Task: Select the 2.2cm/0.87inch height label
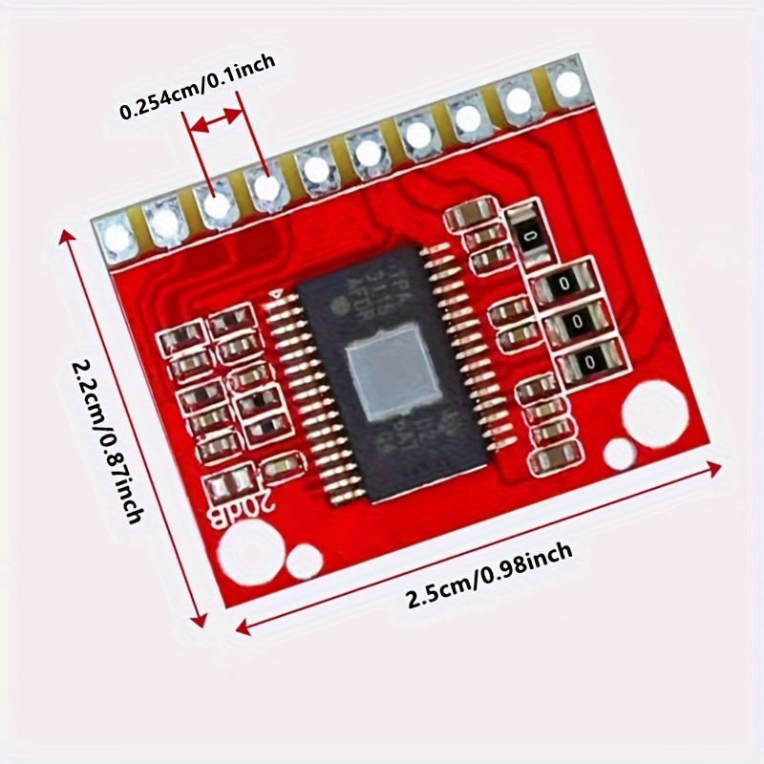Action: [x=105, y=439]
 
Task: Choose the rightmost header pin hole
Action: [x=568, y=84]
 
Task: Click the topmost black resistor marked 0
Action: [x=529, y=232]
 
